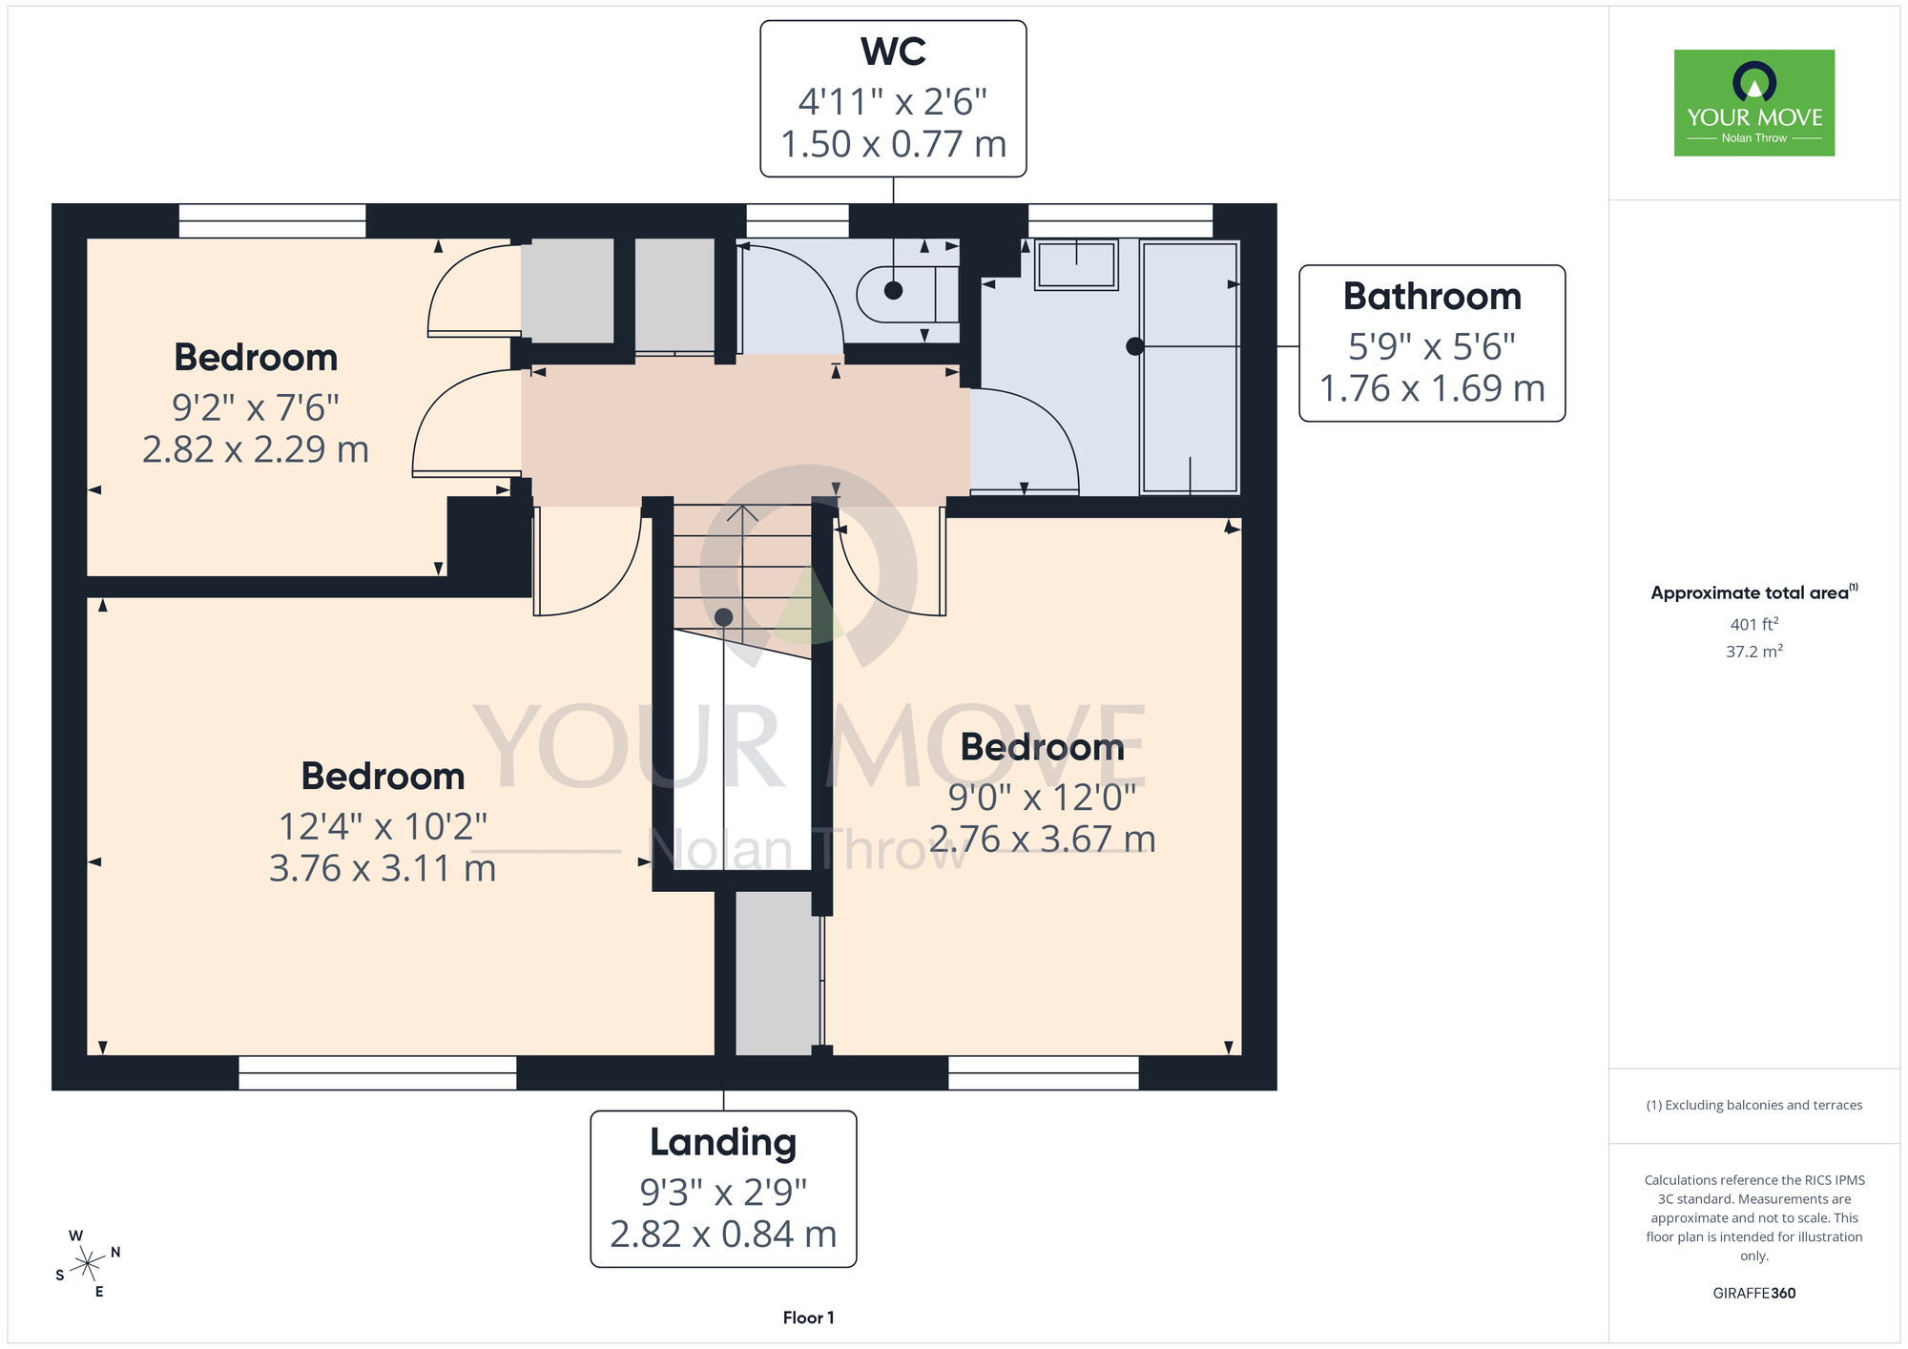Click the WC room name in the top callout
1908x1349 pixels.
tap(893, 52)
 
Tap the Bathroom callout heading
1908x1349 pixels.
tap(1432, 297)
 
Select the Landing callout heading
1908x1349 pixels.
tap(723, 1143)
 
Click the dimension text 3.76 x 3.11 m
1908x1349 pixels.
tap(383, 868)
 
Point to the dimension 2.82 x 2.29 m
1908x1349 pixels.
tap(256, 449)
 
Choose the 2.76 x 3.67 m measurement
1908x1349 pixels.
tap(1043, 840)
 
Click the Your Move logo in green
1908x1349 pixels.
tap(1754, 103)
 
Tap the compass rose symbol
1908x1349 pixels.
tap(88, 1264)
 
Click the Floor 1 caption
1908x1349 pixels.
tap(808, 1318)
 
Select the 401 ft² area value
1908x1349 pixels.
tap(1754, 624)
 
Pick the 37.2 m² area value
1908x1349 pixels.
tap(1754, 652)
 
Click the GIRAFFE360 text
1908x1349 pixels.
tap(1754, 1294)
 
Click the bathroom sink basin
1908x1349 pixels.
tap(1076, 264)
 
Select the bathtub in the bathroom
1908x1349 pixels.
tap(1190, 368)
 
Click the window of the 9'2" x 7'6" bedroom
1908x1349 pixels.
tap(272, 220)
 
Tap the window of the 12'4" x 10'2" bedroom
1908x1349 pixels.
tap(377, 1072)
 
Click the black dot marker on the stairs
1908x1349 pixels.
tap(723, 617)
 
